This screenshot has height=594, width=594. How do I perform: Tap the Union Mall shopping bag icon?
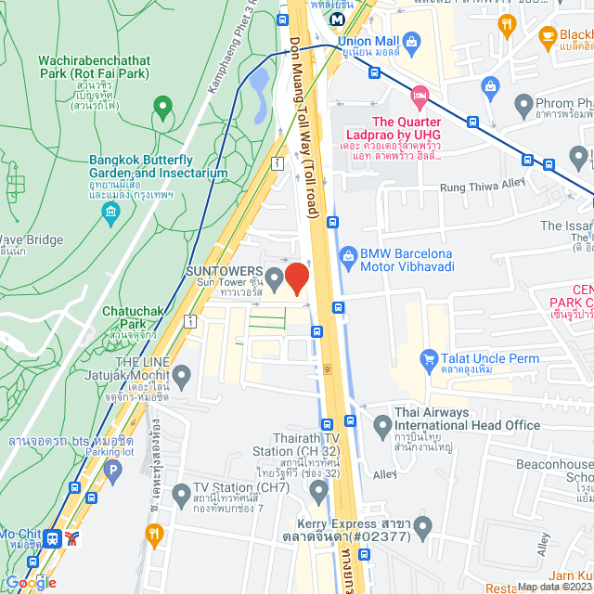(413, 40)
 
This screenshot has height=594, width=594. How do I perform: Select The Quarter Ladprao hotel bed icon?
(420, 95)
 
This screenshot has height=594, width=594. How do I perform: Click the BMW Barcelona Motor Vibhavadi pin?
(348, 253)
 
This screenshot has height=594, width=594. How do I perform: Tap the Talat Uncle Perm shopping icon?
(429, 357)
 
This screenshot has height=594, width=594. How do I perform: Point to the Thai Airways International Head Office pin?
(381, 426)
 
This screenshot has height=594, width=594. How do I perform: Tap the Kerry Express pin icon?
(423, 530)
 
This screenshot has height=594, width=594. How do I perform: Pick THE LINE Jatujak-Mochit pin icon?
(181, 377)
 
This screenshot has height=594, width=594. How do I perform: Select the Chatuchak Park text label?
(134, 324)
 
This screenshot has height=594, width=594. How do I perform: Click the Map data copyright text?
(553, 586)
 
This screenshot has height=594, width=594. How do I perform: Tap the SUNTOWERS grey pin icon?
(275, 278)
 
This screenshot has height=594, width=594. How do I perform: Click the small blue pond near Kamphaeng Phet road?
(260, 83)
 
